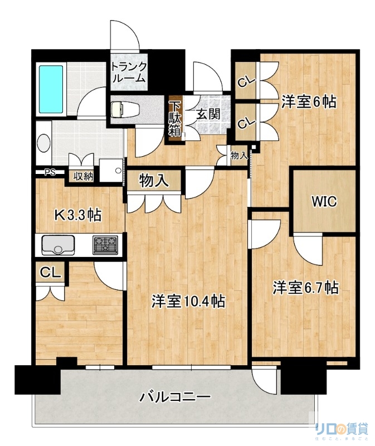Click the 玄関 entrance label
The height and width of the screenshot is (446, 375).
pyautogui.click(x=207, y=114)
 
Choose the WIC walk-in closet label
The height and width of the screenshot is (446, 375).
pyautogui.click(x=324, y=201)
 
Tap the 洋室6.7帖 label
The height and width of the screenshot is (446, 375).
pyautogui.click(x=305, y=288)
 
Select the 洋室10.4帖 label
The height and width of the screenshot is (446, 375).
pyautogui.click(x=189, y=302)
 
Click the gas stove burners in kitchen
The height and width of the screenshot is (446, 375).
pyautogui.click(x=105, y=244)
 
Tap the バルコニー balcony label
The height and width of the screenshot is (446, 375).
pyautogui.click(x=175, y=397)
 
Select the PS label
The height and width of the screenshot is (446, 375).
pyautogui.click(x=50, y=172)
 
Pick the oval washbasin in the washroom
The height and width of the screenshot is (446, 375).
pyautogui.click(x=43, y=143)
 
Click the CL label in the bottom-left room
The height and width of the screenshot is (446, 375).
pyautogui.click(x=50, y=273)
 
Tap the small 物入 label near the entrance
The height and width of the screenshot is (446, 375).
pyautogui.click(x=239, y=156)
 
